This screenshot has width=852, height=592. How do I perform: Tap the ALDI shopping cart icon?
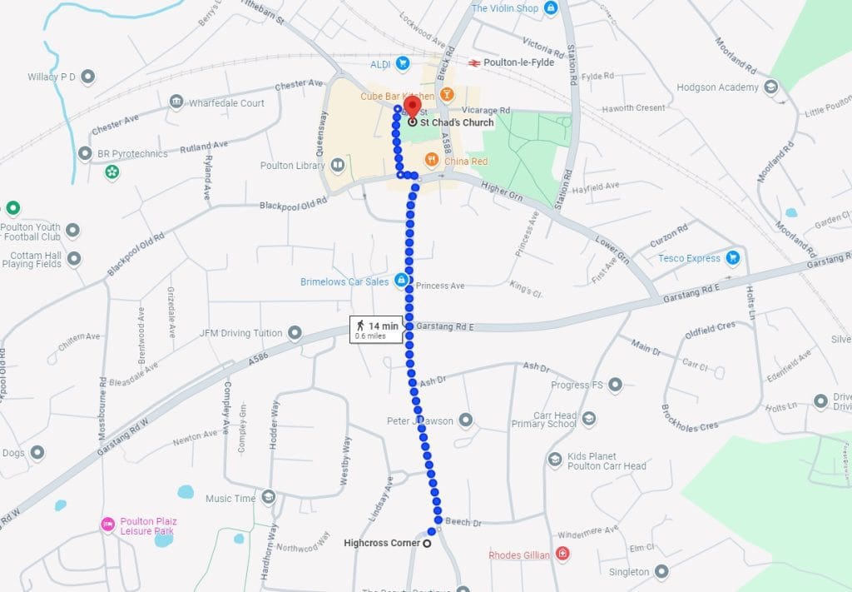click(x=402, y=63)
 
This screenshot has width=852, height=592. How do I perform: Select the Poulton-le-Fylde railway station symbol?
click(x=473, y=62)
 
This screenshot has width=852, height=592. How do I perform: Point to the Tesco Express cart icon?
click(x=733, y=258)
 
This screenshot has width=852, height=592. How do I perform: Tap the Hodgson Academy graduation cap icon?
click(x=771, y=87)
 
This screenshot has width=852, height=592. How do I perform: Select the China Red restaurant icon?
click(x=432, y=160)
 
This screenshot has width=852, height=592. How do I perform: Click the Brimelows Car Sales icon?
click(x=401, y=281)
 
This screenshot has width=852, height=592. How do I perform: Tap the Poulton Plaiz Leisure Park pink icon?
click(x=107, y=524)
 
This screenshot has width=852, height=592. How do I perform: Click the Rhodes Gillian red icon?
click(x=563, y=554)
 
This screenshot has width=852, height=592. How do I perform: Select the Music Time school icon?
click(x=268, y=498)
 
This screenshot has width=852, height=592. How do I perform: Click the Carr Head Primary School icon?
click(x=589, y=418)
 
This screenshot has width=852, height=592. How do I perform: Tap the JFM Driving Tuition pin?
click(x=294, y=333)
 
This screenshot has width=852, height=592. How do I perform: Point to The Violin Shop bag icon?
click(x=550, y=8)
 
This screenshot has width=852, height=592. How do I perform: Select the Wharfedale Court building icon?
click(x=176, y=102)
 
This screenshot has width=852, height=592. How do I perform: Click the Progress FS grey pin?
click(x=615, y=385)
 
